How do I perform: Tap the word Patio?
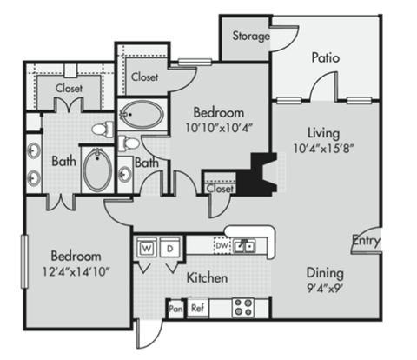[326, 57]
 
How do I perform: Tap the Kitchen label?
[207, 278]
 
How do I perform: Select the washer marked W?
[146, 247]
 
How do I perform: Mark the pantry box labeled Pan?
[175, 308]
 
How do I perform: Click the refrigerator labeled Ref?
[197, 308]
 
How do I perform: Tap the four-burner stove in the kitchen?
[242, 306]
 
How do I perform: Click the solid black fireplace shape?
[256, 175]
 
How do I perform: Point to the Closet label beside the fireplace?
[221, 188]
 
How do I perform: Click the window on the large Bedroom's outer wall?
[23, 266]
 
